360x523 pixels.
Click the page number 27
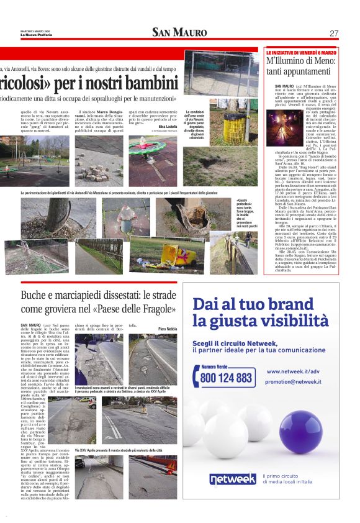coord(334,33)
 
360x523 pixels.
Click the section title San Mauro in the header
coord(179,32)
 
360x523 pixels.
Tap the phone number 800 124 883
coord(227,377)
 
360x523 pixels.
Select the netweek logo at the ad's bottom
coord(232,479)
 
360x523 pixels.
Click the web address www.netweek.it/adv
coord(293,371)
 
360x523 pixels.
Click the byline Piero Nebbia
coord(167,328)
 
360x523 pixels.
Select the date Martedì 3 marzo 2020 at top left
coord(35,30)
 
